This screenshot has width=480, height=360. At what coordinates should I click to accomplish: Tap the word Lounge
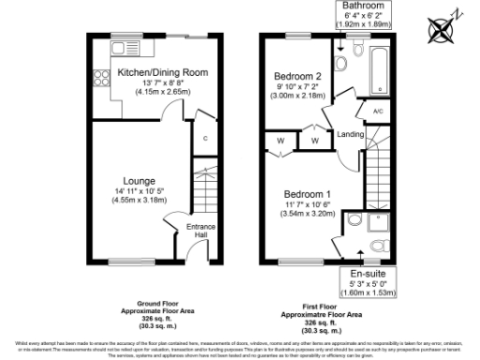click(x=139, y=180)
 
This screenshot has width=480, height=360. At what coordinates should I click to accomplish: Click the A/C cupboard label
click(x=378, y=111)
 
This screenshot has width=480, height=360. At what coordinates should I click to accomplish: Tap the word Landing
click(x=351, y=133)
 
